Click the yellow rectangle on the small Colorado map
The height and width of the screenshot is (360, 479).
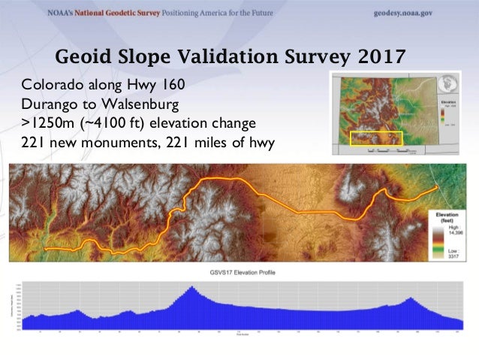click(x=377, y=138)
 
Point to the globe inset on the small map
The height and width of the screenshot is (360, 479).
click(x=450, y=83)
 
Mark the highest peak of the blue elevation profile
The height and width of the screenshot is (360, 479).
click(x=192, y=287)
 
